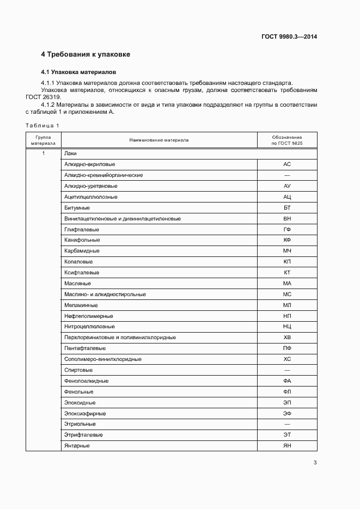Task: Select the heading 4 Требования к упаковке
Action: coord(86,55)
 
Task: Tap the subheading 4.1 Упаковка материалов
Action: coord(78,72)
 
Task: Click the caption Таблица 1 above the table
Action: coord(42,125)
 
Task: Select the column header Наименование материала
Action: coord(158,140)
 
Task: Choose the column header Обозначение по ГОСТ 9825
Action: coord(287,140)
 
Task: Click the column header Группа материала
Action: coord(43,140)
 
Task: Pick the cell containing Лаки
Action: coord(70,154)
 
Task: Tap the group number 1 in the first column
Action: coord(43,154)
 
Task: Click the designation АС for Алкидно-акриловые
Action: coord(287,164)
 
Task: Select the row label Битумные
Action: coord(77,207)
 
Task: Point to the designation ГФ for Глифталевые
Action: coord(287,229)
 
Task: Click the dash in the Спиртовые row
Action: coord(287,370)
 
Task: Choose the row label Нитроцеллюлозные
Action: coord(89,327)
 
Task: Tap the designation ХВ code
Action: coord(287,338)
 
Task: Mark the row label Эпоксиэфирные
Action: coord(85,413)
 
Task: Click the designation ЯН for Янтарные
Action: coord(287,445)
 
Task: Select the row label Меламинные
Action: coord(81,305)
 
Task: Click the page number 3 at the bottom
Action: coord(315,463)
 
